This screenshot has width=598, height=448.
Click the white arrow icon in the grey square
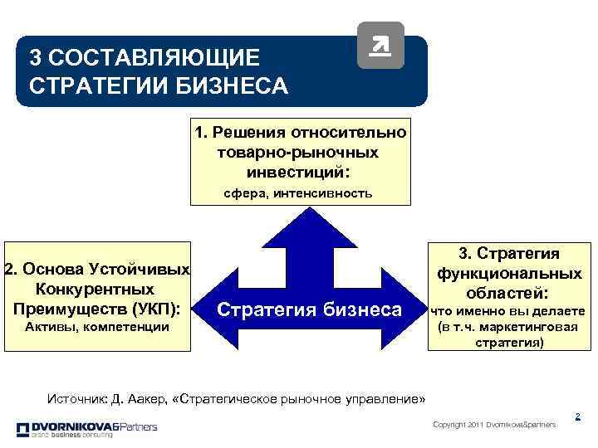click(x=380, y=46)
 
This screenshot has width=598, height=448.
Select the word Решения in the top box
click(x=247, y=132)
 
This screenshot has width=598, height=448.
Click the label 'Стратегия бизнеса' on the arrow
click(x=309, y=310)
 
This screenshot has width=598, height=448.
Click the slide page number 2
click(x=577, y=416)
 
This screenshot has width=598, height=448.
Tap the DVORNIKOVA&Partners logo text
click(x=86, y=426)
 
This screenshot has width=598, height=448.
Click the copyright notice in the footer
click(x=495, y=425)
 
